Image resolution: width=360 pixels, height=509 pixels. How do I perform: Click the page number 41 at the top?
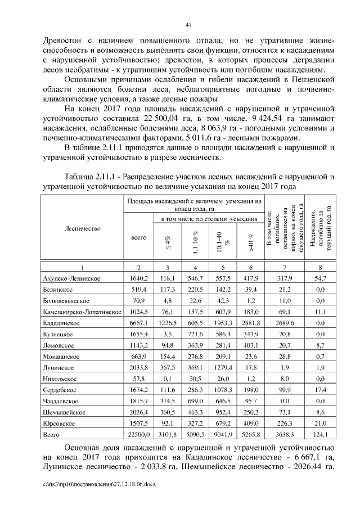coord(188,24)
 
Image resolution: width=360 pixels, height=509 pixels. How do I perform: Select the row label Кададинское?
coord(61,323)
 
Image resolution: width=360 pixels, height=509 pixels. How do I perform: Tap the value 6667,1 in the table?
coord(138,323)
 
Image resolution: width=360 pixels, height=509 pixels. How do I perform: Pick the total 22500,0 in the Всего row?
coord(138,435)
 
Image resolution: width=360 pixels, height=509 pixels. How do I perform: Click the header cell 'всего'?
coord(138,238)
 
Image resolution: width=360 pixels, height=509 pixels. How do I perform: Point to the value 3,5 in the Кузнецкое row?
coord(167,335)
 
